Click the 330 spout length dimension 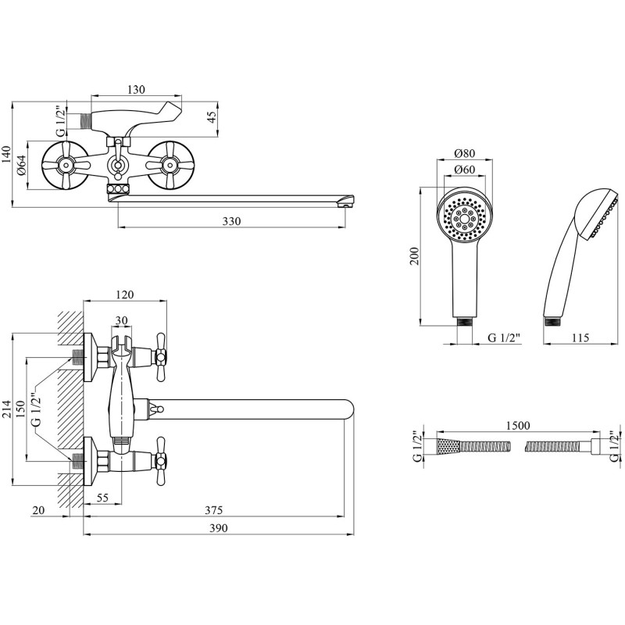click(x=230, y=221)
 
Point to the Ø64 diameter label click(x=23, y=166)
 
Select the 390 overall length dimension click(x=218, y=529)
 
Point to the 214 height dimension click(x=8, y=409)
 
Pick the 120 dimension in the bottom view click(x=125, y=295)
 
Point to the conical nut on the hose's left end click(x=445, y=447)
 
